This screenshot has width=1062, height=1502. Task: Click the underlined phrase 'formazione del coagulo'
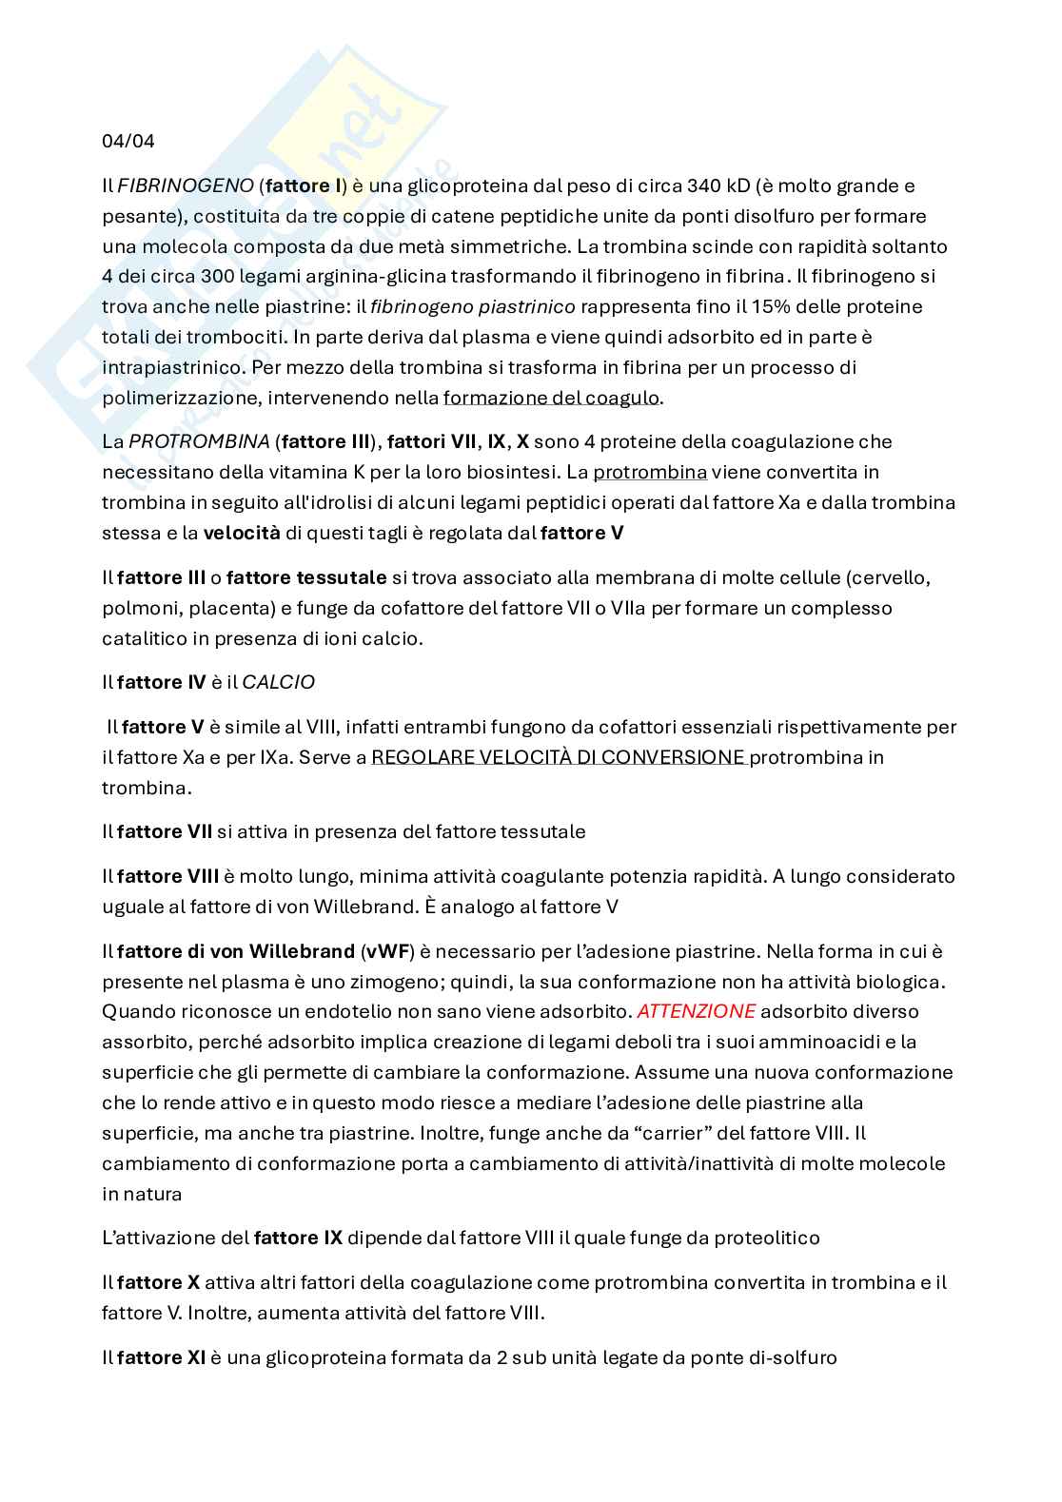click(551, 398)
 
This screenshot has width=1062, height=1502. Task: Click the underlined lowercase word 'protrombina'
click(650, 472)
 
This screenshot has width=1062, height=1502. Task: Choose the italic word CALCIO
click(278, 682)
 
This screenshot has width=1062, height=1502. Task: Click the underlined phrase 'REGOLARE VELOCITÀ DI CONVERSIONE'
click(558, 757)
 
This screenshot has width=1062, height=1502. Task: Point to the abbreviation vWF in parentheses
click(387, 951)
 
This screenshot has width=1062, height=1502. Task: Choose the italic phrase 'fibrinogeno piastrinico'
click(472, 307)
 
